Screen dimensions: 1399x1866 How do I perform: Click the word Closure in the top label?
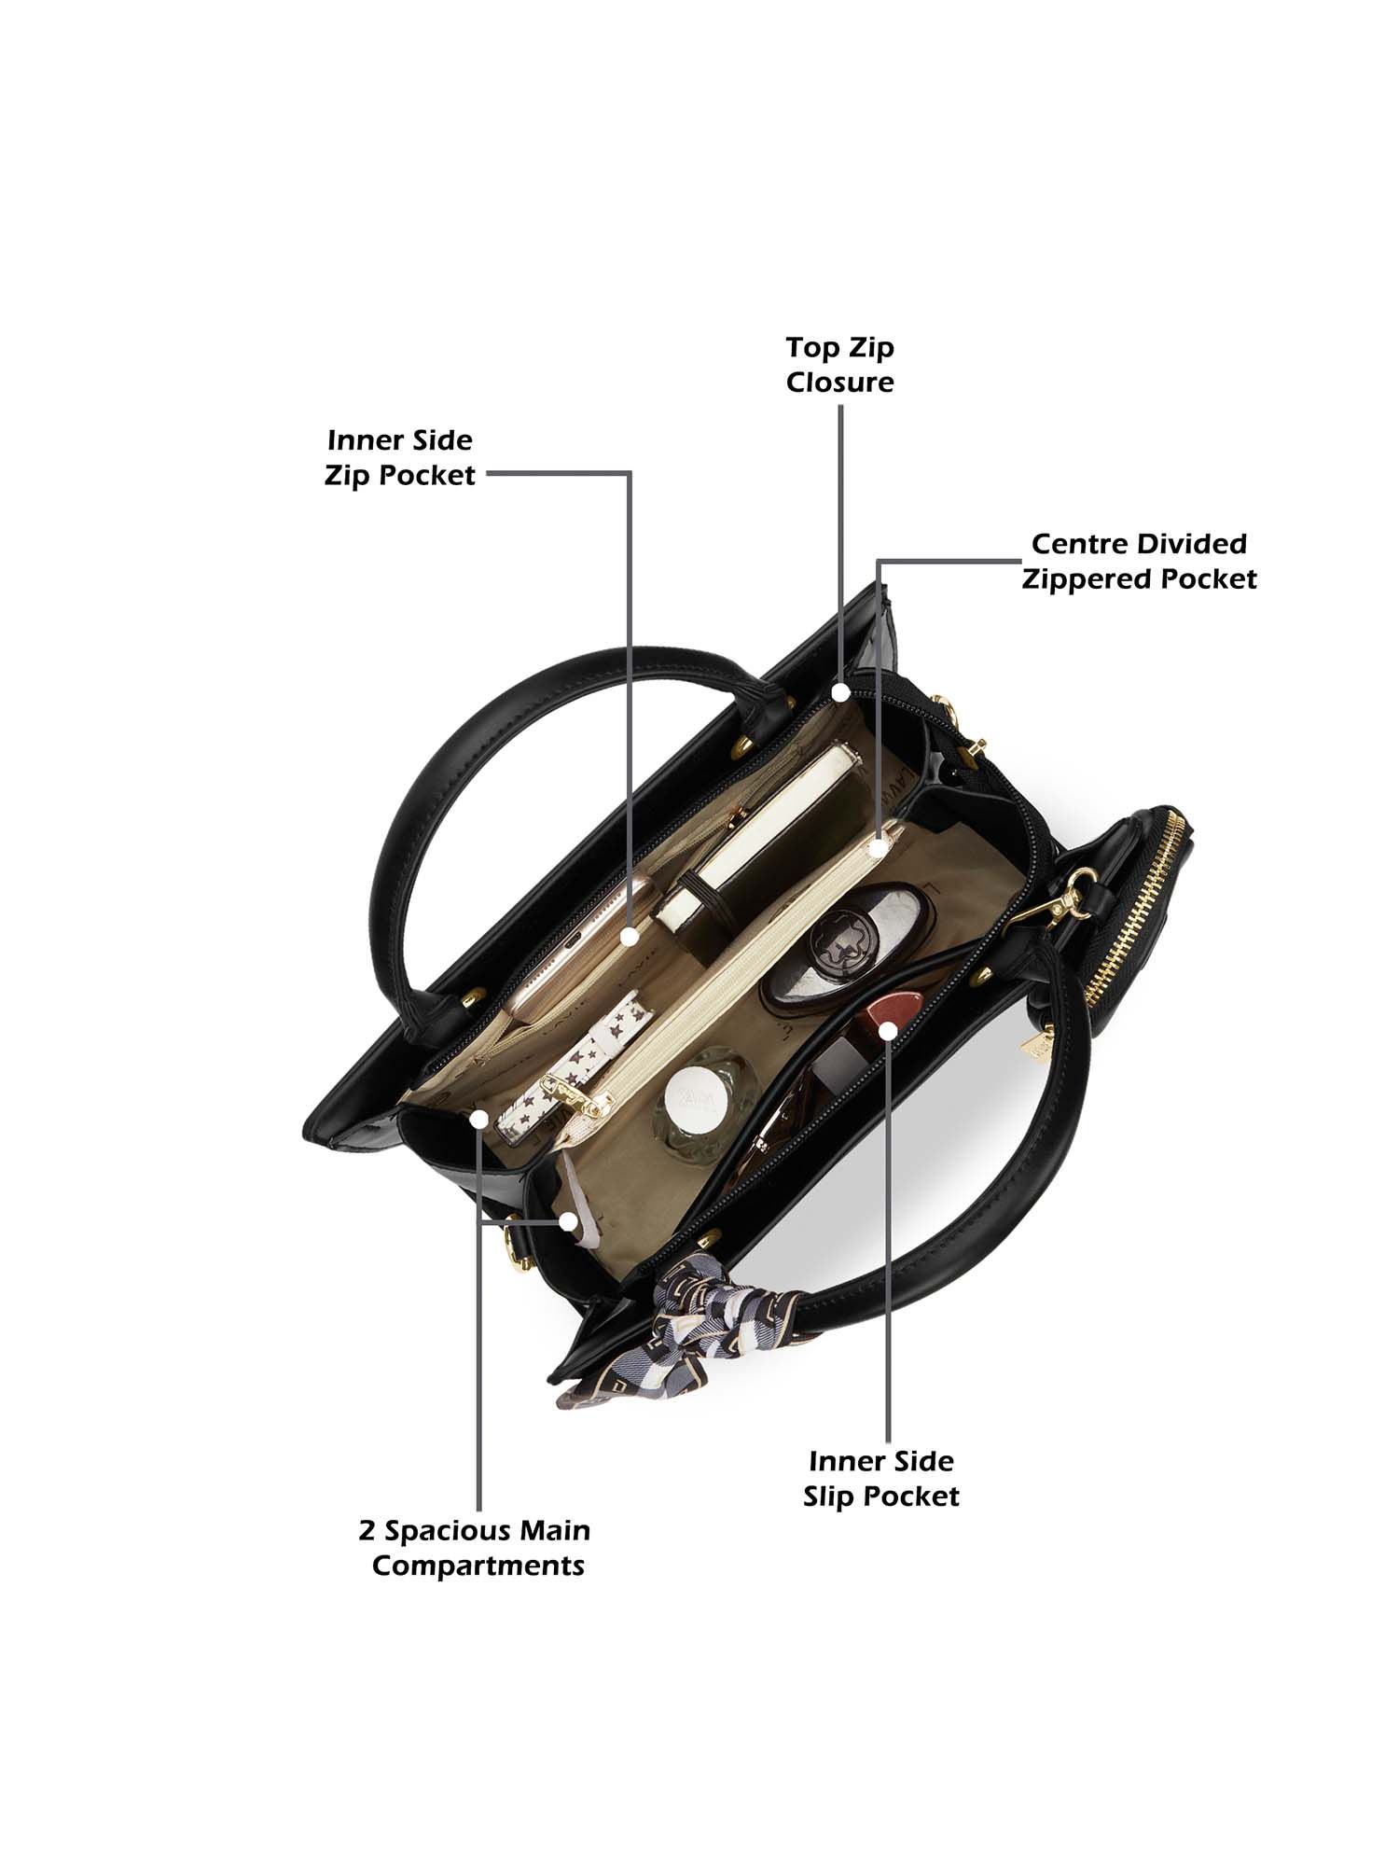point(839,383)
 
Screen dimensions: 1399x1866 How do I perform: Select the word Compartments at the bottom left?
point(478,1565)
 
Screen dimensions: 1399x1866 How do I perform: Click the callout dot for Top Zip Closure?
point(840,692)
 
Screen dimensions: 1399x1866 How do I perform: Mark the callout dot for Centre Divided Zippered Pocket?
point(878,847)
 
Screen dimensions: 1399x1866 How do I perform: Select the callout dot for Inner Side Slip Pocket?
point(888,1030)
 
